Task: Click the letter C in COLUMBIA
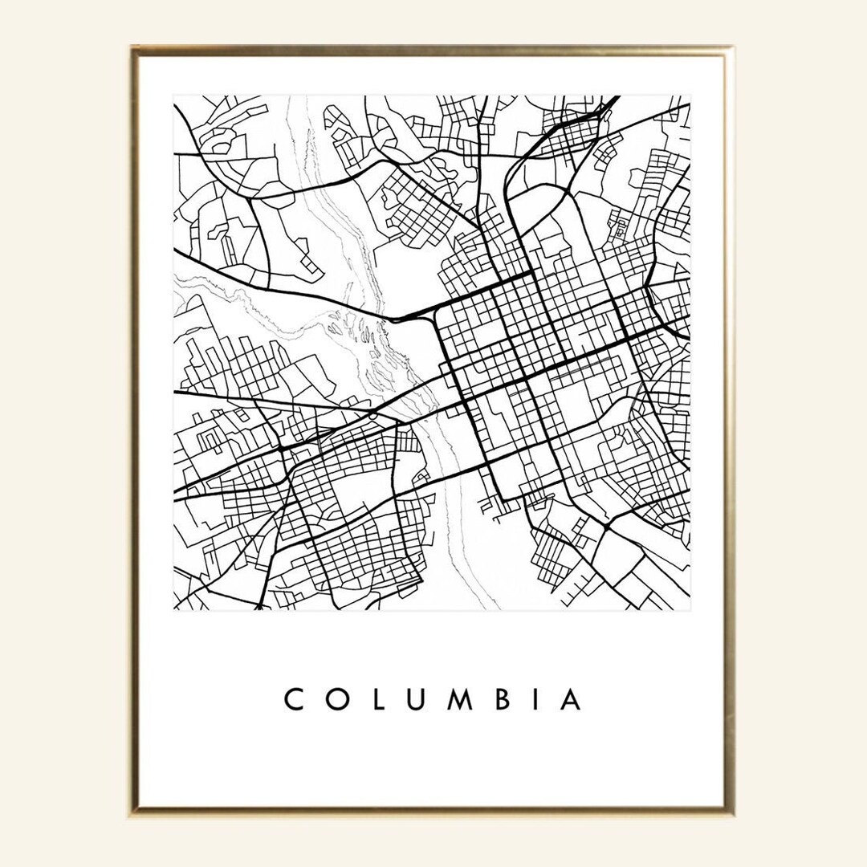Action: point(294,699)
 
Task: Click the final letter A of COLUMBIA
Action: point(571,699)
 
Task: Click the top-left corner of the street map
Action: point(174,96)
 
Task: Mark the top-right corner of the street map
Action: point(690,96)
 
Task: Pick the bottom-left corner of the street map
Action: point(174,609)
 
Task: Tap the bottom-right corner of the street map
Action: point(690,609)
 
